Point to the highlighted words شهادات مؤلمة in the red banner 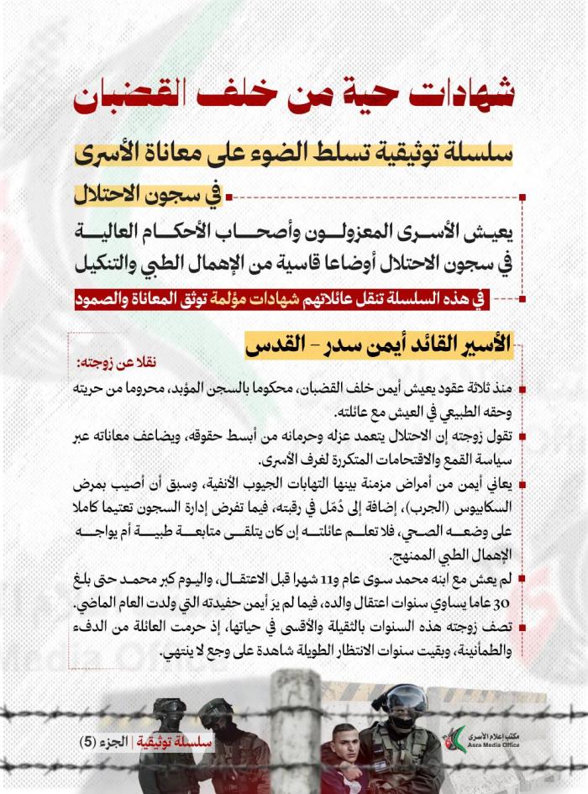pos(266,297)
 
